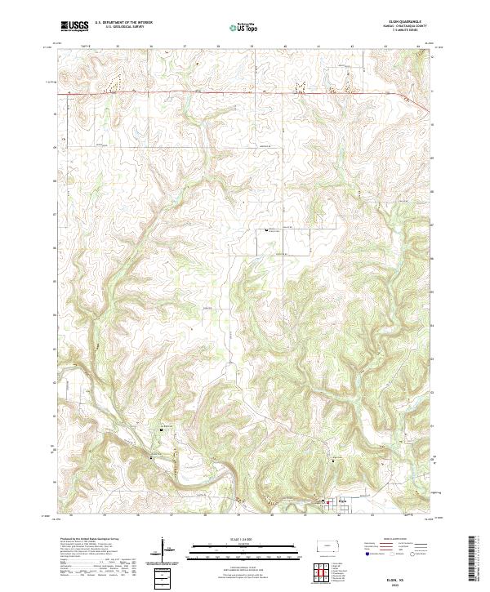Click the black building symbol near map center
pyautogui.click(x=265, y=231)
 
